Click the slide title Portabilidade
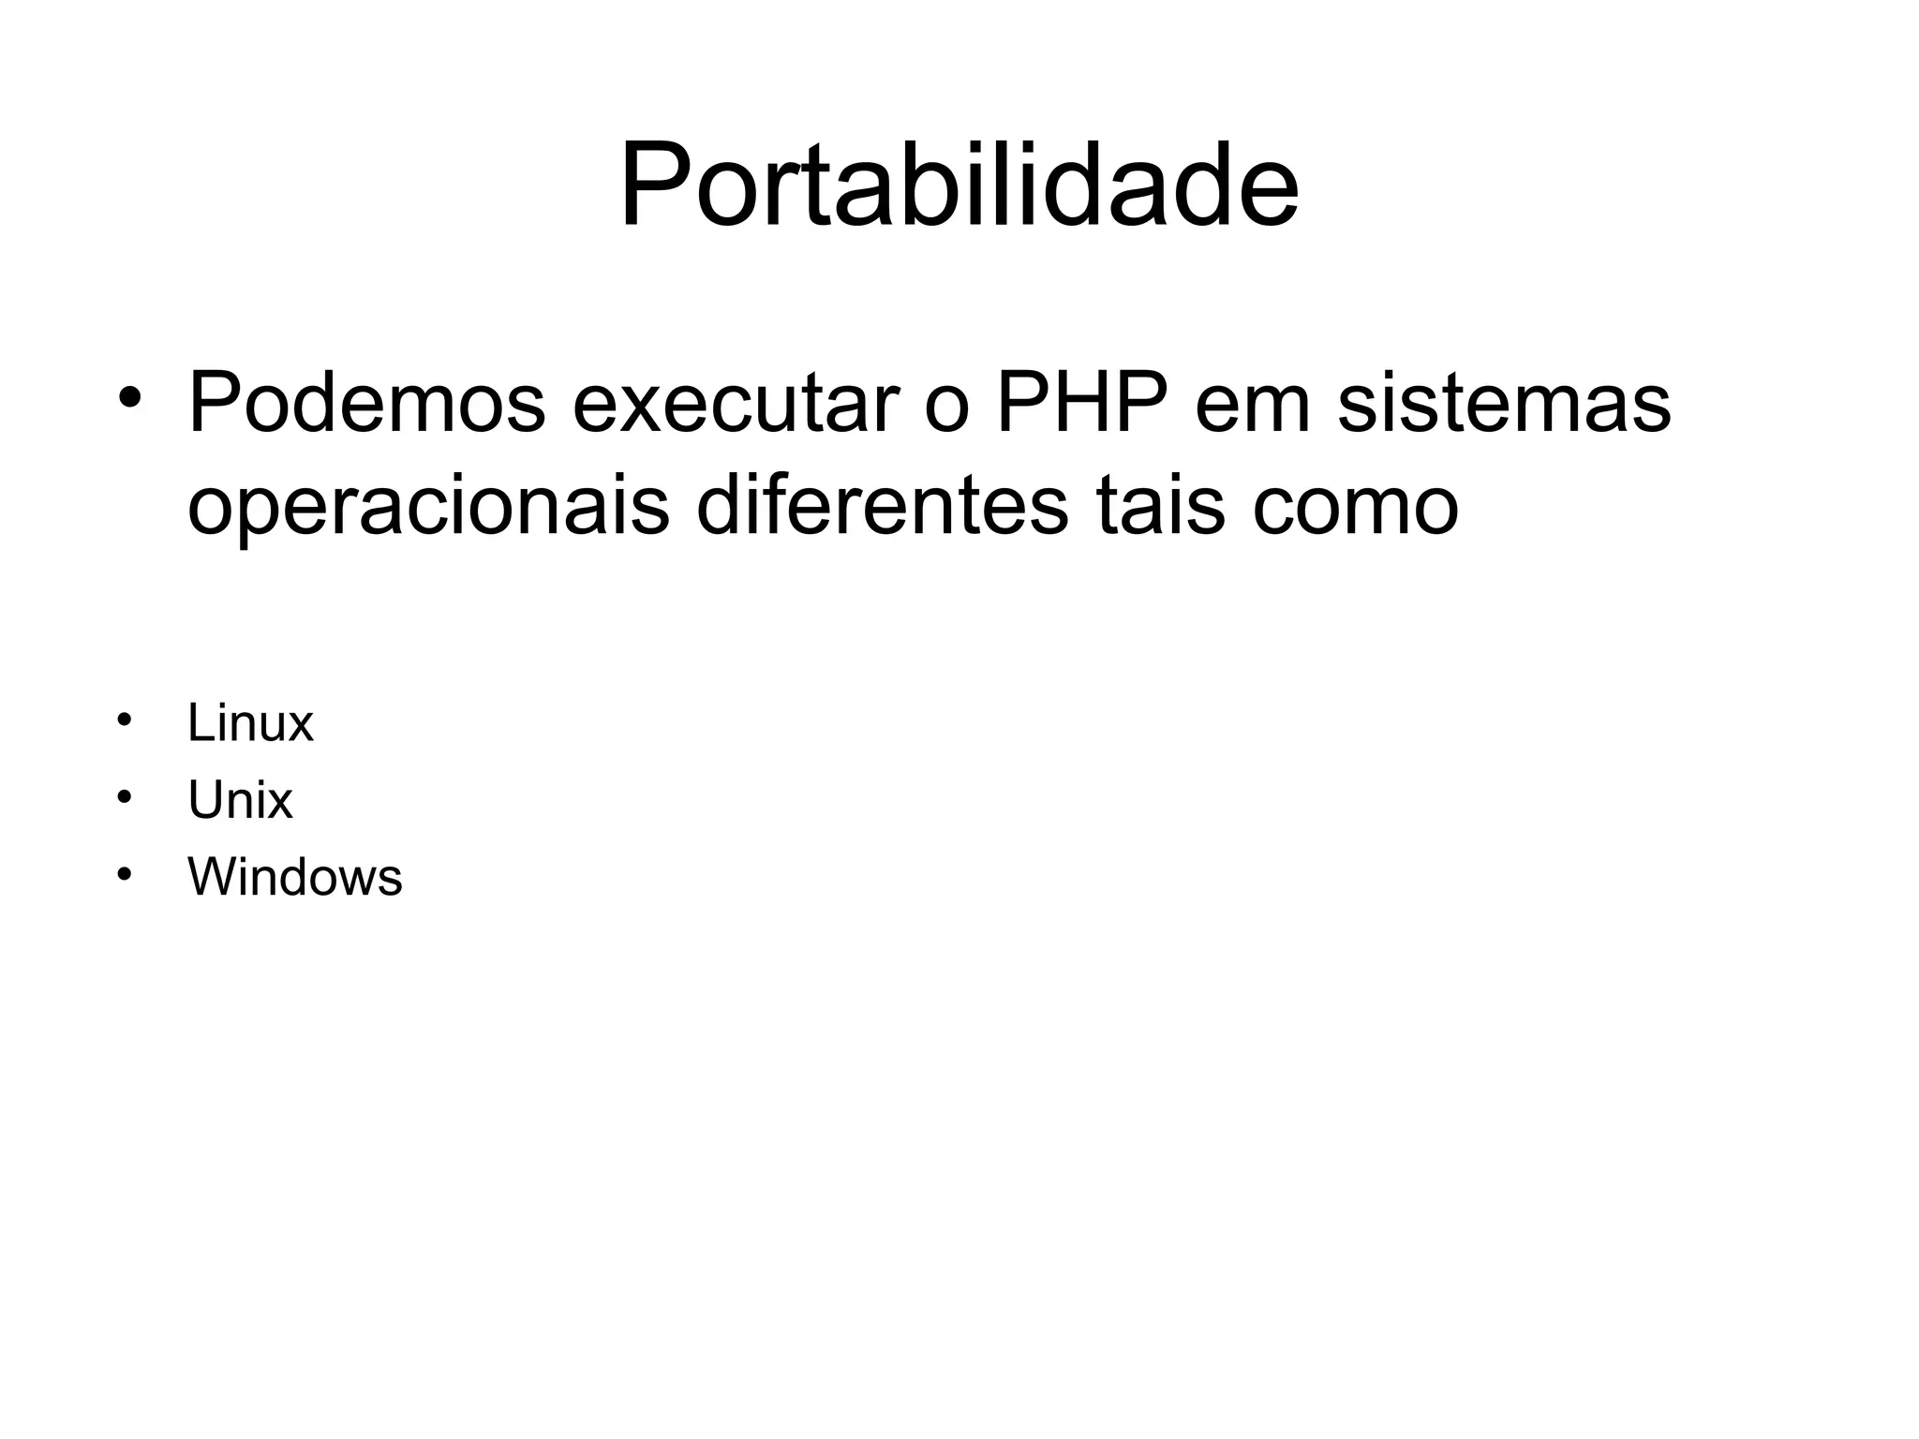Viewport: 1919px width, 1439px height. [959, 185]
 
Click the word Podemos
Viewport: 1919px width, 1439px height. [366, 404]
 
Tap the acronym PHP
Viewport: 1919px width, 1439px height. [1081, 404]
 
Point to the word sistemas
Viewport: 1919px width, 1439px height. [1504, 404]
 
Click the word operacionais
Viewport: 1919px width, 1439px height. [428, 507]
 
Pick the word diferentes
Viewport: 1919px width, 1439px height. [882, 507]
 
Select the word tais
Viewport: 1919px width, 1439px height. [1161, 507]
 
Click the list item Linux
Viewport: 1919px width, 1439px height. [250, 723]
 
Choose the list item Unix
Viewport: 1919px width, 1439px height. [240, 801]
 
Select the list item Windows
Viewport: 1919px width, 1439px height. [294, 878]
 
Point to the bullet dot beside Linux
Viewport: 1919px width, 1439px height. [123, 719]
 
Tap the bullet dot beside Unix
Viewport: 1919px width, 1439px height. [123, 797]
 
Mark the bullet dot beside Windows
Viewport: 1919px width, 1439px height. [123, 874]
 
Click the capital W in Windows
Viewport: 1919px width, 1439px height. [212, 878]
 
